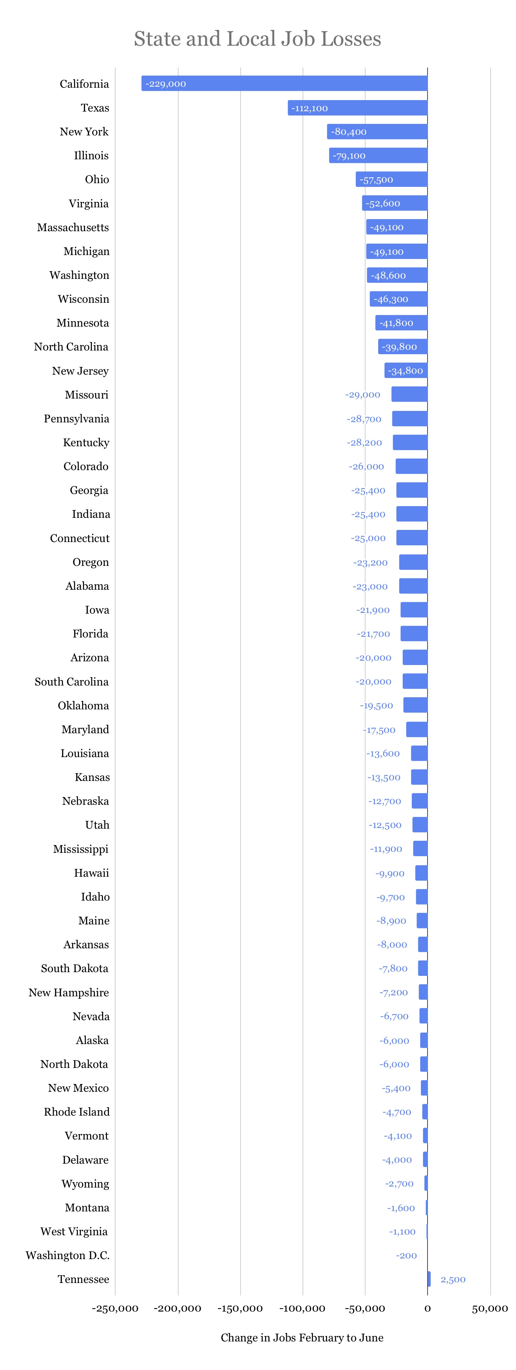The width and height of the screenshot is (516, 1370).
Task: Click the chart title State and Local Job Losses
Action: [257, 39]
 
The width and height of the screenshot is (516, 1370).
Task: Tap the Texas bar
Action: [357, 108]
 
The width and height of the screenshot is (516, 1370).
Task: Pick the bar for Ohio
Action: [392, 179]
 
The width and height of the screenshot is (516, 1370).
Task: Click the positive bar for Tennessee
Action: [429, 1279]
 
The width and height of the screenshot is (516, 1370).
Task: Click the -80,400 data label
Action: [349, 132]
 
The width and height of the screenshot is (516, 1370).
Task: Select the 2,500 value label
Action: [453, 1280]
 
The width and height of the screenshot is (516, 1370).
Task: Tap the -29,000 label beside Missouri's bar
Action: [363, 395]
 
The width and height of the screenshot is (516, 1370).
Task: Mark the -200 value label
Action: [406, 1256]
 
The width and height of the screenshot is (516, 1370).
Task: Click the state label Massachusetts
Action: [73, 227]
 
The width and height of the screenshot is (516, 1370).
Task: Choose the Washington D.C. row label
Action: [68, 1256]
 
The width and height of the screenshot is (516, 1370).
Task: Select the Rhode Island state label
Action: [77, 1112]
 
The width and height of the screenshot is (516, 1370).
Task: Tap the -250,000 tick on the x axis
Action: [115, 1308]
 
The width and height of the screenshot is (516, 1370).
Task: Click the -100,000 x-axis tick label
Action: [302, 1308]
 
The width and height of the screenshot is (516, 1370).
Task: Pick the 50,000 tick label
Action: [489, 1308]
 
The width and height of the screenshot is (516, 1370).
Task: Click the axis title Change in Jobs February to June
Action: [302, 1337]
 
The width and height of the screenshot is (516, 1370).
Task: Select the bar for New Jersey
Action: [406, 371]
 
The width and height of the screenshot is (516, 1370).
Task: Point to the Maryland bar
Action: [416, 729]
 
